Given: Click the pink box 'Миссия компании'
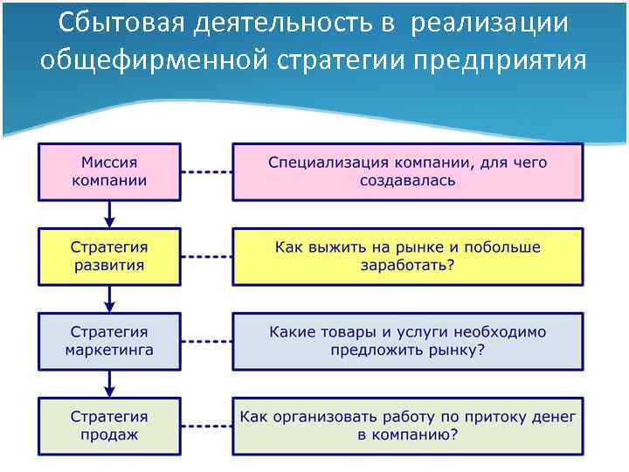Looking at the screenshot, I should (109, 171).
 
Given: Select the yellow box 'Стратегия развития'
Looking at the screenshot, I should (109, 256).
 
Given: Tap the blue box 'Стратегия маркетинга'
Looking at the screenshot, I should (109, 341).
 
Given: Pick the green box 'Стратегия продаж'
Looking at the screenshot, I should (109, 425).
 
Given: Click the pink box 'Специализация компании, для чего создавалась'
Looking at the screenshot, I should (407, 171).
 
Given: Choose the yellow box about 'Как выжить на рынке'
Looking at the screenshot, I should (407, 256).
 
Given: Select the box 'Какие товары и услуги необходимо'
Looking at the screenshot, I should (407, 341).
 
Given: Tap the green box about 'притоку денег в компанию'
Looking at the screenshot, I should (407, 425).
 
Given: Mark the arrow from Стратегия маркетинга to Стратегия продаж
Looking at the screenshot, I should (109, 383).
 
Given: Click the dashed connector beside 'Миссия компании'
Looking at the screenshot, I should (206, 171).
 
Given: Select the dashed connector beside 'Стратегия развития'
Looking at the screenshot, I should (206, 256).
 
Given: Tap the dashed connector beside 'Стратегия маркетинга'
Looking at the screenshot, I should (206, 341).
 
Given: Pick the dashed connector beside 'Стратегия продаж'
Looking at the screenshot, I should (206, 425).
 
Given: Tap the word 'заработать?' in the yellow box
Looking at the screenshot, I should (407, 266).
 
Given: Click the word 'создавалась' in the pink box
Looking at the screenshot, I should (407, 181).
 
